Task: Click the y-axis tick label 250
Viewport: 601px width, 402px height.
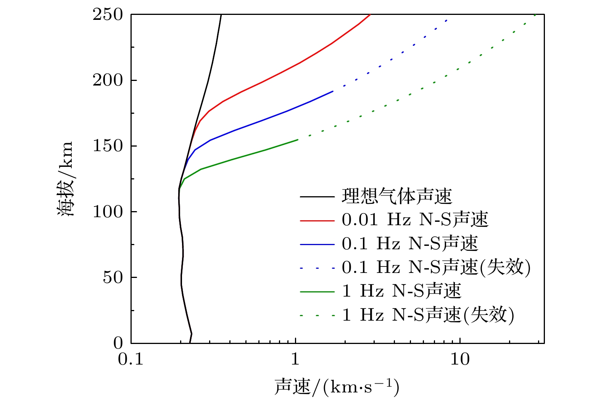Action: coord(108,15)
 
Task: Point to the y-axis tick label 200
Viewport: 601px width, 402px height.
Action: coord(108,81)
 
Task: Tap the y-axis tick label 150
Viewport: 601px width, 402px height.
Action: coord(108,146)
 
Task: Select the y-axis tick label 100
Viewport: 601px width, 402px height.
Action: coord(108,212)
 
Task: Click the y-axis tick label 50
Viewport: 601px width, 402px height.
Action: coord(113,278)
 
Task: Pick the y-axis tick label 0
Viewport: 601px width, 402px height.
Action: coord(118,343)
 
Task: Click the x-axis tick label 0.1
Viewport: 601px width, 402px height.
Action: coord(131,359)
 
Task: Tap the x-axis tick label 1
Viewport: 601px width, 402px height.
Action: coord(295,359)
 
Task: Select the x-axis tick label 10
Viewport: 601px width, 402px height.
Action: coord(460,359)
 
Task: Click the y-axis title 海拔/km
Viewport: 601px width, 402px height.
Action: coord(65,179)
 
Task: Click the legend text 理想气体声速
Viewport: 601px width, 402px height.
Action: coord(396,197)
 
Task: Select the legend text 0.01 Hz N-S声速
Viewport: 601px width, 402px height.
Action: coord(415,220)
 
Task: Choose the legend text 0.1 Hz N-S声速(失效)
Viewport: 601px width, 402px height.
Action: coord(436,268)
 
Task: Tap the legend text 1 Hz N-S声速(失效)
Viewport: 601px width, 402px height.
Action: coord(428,315)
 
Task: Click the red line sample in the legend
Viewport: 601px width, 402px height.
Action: coord(317,221)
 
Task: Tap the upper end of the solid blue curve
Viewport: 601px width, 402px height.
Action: coord(333,91)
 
